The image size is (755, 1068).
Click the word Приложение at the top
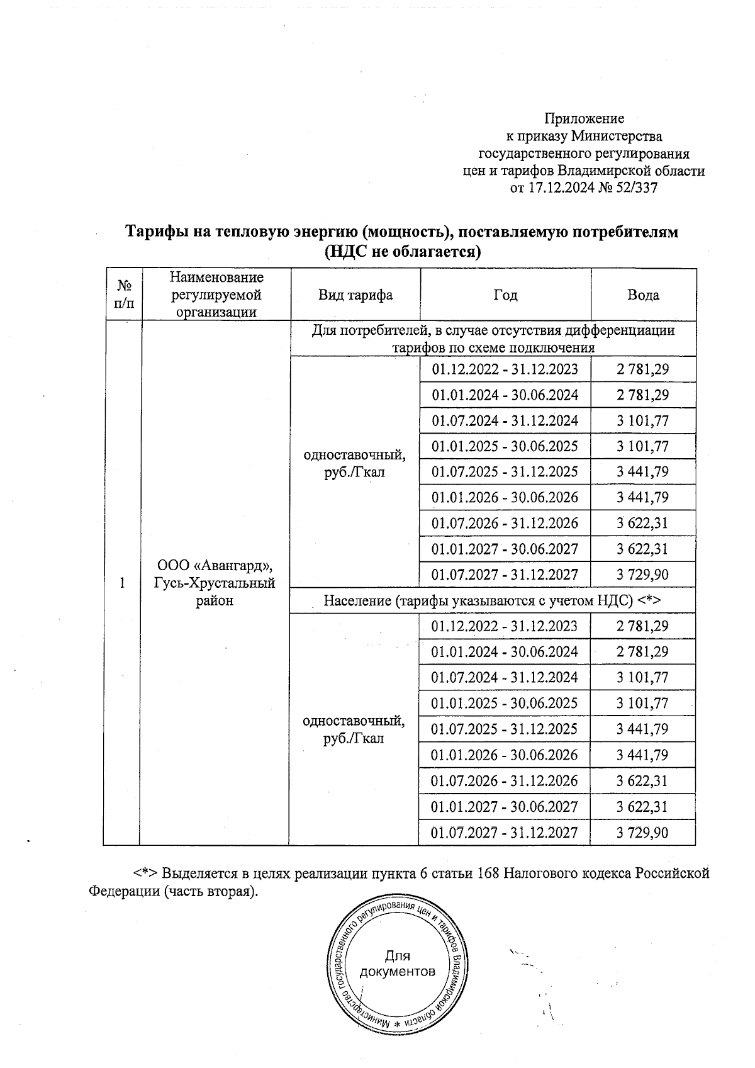[x=584, y=118]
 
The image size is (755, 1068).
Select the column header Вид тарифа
[x=355, y=295]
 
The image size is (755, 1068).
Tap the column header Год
[x=505, y=295]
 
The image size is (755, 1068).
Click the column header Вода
[x=643, y=295]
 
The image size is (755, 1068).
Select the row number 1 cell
[x=122, y=583]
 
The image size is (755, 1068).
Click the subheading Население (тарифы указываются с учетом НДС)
[x=491, y=600]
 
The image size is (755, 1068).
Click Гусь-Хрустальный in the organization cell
[x=215, y=583]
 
